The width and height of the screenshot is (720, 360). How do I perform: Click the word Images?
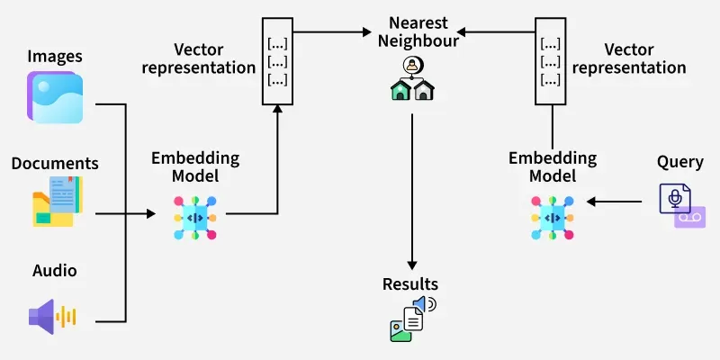point(55,57)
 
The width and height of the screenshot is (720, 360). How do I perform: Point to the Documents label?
point(55,164)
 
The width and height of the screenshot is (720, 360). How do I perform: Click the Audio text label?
point(55,271)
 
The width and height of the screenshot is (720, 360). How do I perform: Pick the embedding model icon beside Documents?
point(195,218)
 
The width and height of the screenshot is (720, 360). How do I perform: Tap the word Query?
point(679,162)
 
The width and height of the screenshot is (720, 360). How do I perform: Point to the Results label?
point(410,285)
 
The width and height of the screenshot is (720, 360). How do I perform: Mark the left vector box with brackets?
point(278,61)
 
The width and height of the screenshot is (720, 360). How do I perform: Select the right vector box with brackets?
point(550,61)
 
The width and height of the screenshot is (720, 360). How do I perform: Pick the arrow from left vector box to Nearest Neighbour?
point(337,31)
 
